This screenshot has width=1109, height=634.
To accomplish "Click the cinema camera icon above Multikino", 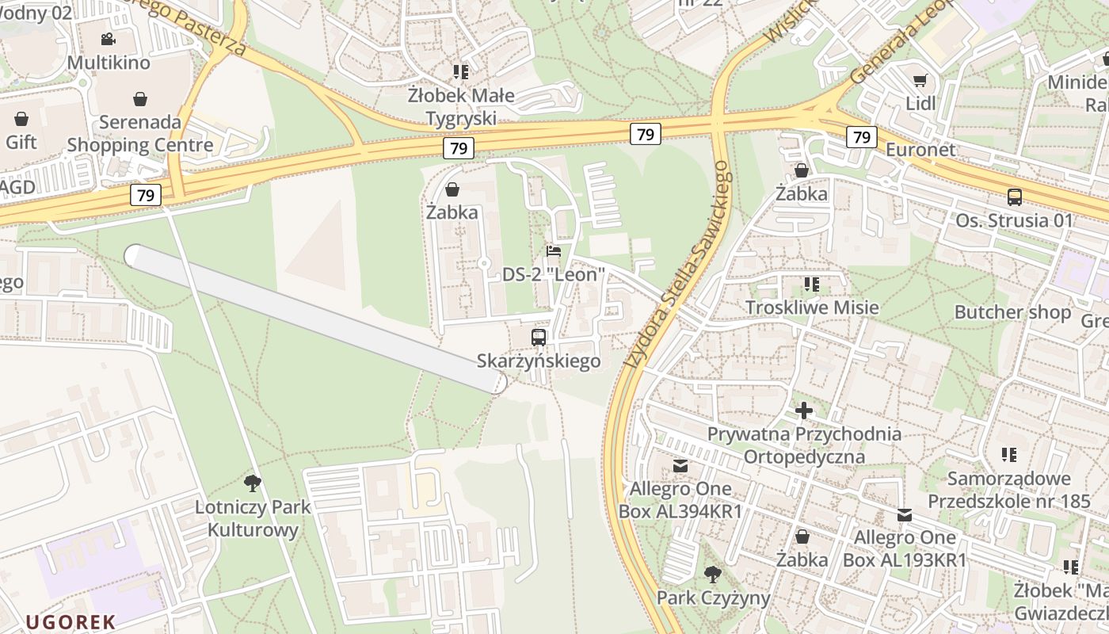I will coord(108,39).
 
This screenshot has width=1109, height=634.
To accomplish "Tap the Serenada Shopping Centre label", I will coord(140,134).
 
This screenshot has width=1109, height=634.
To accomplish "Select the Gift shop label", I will coord(21,143).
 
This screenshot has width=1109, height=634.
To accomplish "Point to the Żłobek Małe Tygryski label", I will coord(461,107).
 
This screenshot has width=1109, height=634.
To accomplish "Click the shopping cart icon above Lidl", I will coord(920,80).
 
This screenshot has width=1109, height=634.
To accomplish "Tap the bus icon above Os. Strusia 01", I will coord(1014,197).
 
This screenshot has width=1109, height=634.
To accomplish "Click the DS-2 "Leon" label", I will coord(554,274).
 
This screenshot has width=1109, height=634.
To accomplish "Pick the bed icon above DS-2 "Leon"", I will coord(554,251).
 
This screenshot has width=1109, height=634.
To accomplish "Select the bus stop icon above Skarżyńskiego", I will coord(539,338).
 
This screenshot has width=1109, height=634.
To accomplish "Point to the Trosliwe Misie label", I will coord(812,307).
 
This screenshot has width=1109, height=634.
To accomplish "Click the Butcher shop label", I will coord(1012,312).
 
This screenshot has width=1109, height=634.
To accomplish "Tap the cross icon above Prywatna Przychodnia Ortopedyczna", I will coord(804,411).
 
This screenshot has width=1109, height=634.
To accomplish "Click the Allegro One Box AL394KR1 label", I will coord(680,499).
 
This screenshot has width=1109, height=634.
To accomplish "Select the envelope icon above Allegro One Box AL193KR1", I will coord(905,515).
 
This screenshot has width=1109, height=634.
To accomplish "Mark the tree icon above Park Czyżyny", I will coord(713,574).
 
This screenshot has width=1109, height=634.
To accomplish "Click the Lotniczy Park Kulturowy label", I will coord(253,518).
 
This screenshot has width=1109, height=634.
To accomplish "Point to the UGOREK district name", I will coord(71,622).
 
